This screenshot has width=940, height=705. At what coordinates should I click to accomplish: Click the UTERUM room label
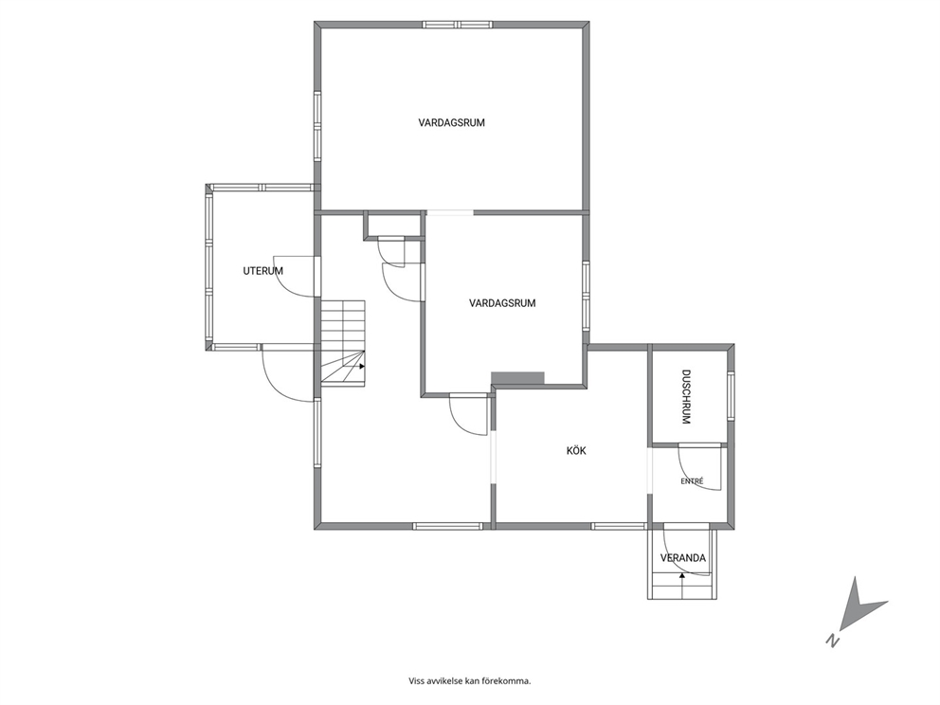pos(262,271)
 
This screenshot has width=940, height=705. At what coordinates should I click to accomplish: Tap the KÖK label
pos(576,451)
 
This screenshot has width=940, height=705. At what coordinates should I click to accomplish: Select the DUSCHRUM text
pos(686,397)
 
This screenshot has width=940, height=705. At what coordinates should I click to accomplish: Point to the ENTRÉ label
pos(692,481)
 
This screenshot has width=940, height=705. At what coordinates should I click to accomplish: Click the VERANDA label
pos(683,558)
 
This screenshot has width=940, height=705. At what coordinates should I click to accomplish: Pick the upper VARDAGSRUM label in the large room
pos(451,123)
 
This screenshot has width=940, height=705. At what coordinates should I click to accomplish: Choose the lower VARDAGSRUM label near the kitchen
pos(502,303)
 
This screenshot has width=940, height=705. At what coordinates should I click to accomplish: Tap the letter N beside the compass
pos(831,641)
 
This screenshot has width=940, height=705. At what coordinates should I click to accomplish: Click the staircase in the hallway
pos(343,342)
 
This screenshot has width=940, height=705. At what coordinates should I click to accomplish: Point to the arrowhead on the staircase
pos(362,366)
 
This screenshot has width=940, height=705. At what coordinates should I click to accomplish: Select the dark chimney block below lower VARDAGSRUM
pos(517,378)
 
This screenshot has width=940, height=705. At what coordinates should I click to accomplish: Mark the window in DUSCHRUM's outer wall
pos(731,396)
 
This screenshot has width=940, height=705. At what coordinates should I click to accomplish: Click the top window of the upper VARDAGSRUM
pos(458,26)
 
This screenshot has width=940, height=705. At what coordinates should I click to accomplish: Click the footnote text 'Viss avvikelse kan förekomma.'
pos(470,681)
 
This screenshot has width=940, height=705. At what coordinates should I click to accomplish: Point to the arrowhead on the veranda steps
pos(681,575)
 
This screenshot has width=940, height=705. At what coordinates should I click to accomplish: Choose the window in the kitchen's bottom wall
pos(620,526)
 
